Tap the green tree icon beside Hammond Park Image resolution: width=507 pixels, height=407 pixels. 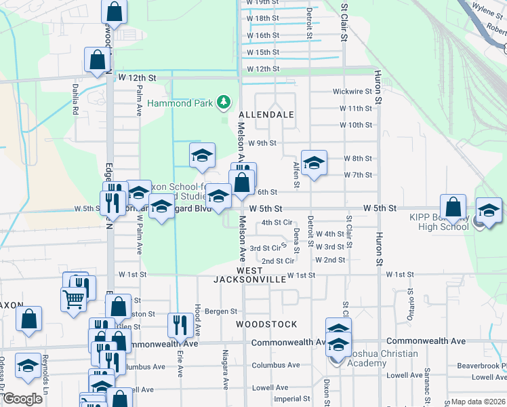pyautogui.click(x=223, y=102)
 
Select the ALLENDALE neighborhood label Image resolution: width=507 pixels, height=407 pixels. pyautogui.click(x=266, y=115)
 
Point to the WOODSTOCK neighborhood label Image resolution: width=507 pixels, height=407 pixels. pyautogui.click(x=266, y=324)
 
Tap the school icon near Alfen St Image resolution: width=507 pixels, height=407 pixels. pyautogui.click(x=314, y=163)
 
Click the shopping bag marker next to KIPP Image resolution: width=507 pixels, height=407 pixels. pyautogui.click(x=453, y=208)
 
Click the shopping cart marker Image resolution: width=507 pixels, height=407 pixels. pyautogui.click(x=73, y=298)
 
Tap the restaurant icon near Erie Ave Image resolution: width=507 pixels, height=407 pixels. pyautogui.click(x=180, y=324)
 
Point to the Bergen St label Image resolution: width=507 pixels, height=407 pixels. pyautogui.click(x=221, y=311)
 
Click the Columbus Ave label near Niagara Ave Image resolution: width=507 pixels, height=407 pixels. pyautogui.click(x=275, y=365)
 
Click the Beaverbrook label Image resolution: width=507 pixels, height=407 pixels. pyautogui.click(x=481, y=365)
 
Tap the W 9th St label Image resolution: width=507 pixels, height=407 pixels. pyautogui.click(x=262, y=143)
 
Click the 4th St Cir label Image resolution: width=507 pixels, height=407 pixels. pyautogui.click(x=277, y=222)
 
